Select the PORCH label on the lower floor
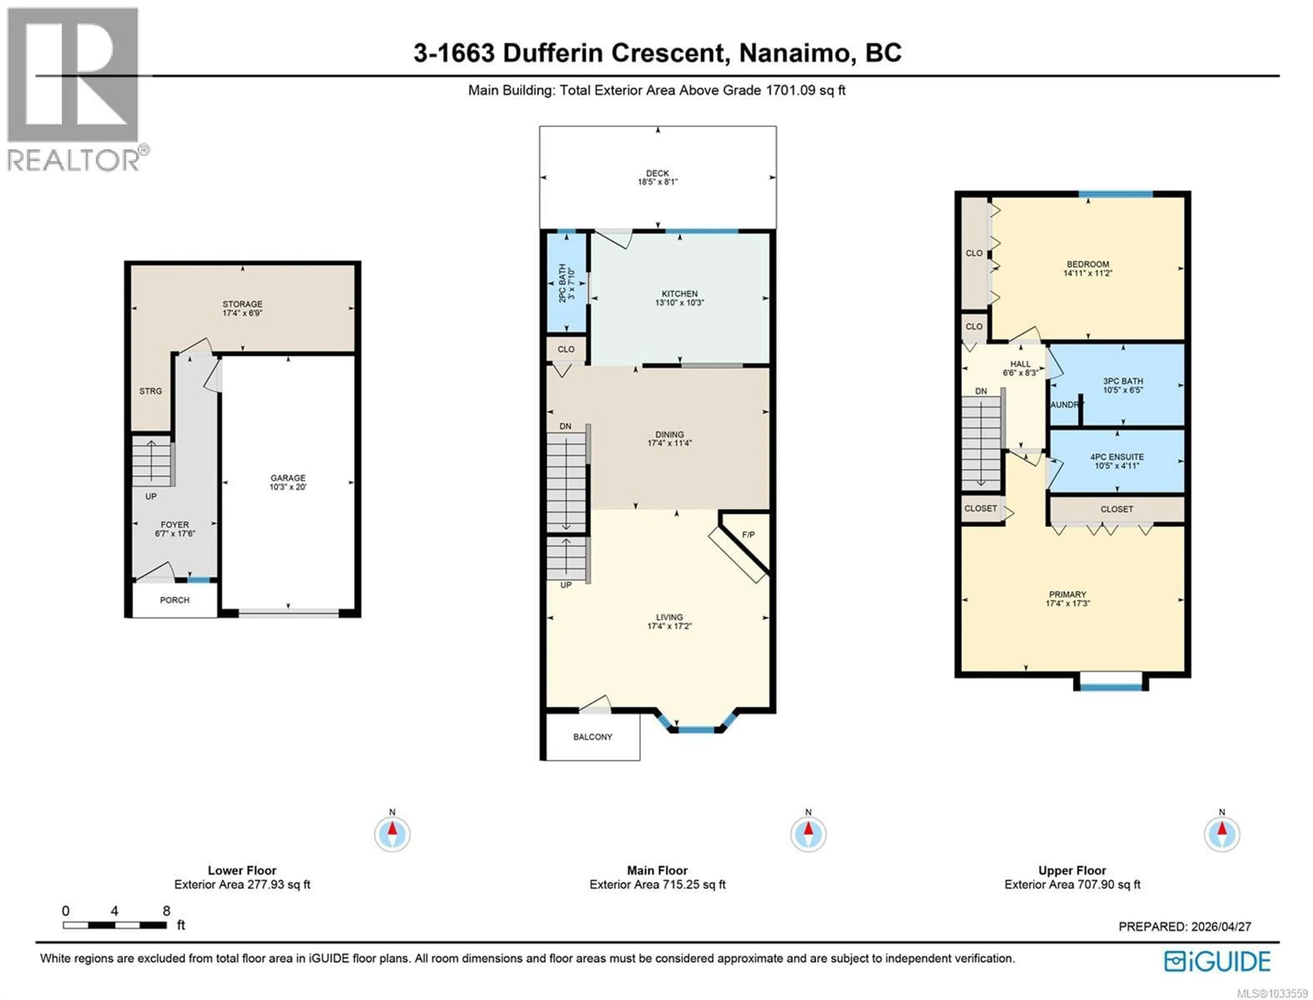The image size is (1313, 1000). pyautogui.click(x=174, y=600)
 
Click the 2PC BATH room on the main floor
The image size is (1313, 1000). pyautogui.click(x=567, y=283)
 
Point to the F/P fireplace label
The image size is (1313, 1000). pyautogui.click(x=748, y=535)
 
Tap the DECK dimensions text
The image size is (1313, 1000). pyautogui.click(x=657, y=182)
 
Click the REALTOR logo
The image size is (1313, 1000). pyautogui.click(x=75, y=89)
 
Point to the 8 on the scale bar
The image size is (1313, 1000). pyautogui.click(x=166, y=911)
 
